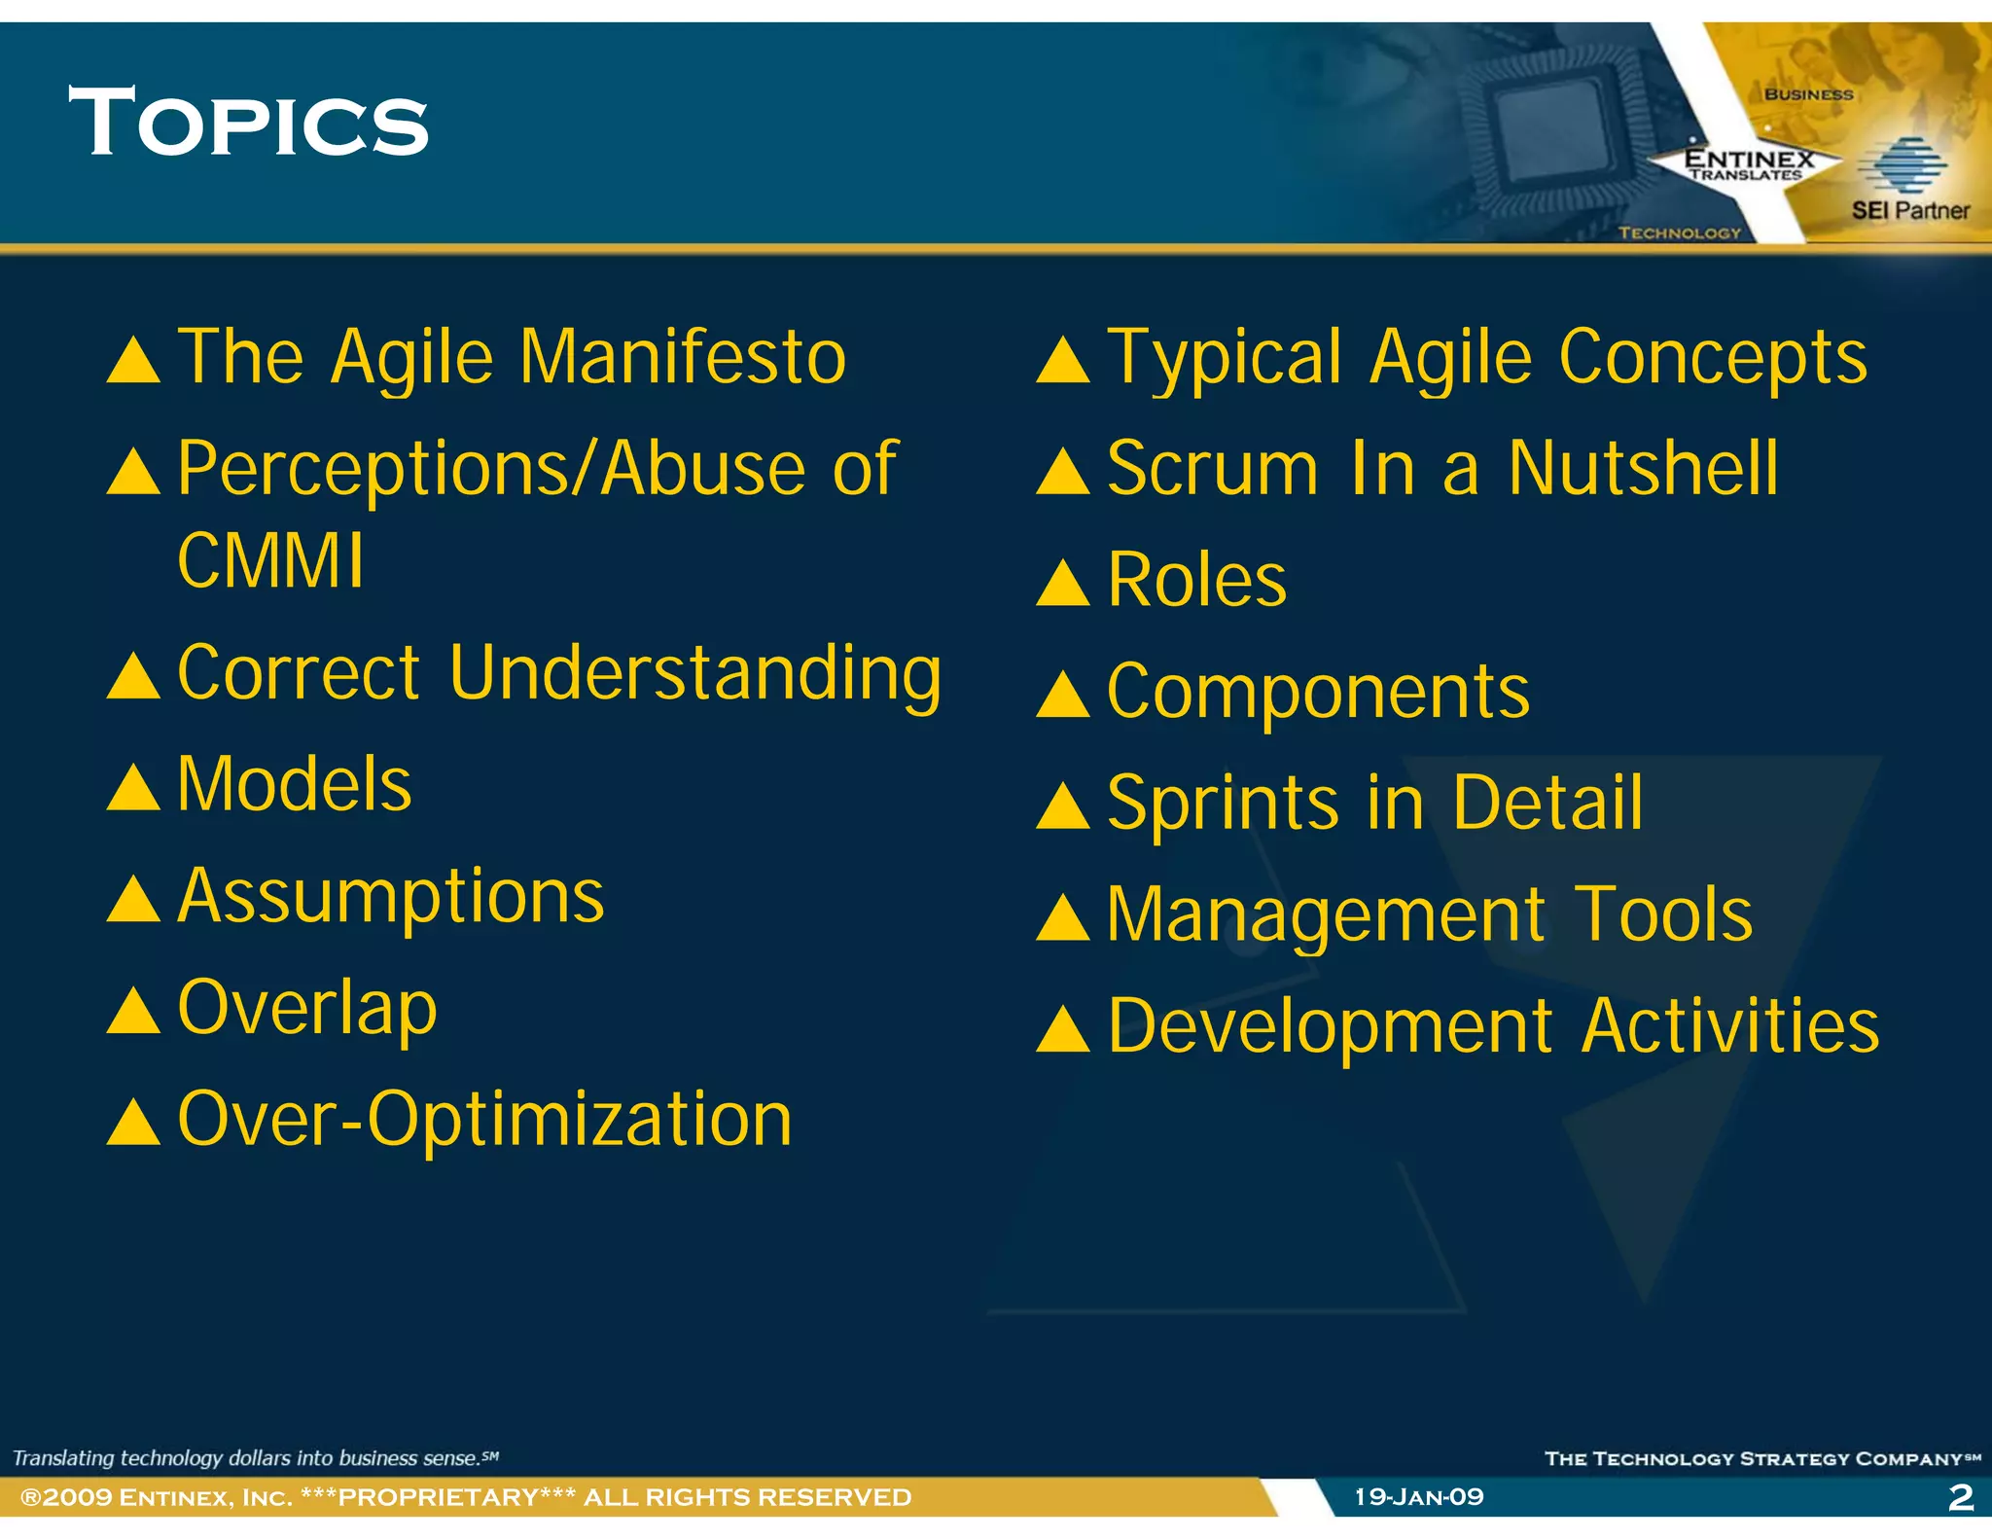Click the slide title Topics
point(248,123)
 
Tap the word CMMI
point(270,561)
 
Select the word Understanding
point(694,674)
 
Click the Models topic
point(294,784)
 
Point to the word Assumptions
point(391,897)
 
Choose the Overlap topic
point(307,1009)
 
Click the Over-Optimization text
point(484,1120)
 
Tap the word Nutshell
point(1643,469)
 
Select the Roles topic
point(1196,581)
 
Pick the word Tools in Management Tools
point(1663,915)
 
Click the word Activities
point(1730,1027)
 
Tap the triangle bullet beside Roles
point(1062,585)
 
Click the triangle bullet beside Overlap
point(133,1012)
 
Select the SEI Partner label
point(1909,210)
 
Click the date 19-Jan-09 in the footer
point(1418,1497)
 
